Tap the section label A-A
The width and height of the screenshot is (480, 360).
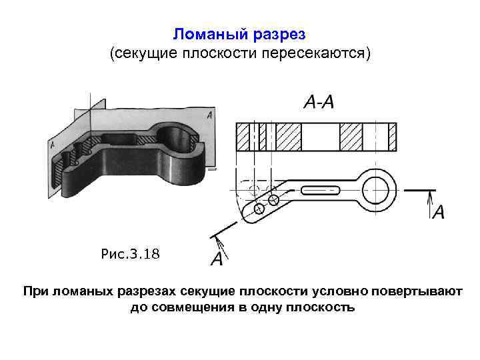coord(318,102)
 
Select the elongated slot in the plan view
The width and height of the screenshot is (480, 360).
coord(323,190)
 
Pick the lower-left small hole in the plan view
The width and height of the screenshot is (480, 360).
coord(259,209)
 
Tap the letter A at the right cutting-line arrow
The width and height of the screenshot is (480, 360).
coord(439,213)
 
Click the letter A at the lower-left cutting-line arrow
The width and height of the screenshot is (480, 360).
coord(217,259)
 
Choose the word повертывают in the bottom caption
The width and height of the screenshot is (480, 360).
coord(423,292)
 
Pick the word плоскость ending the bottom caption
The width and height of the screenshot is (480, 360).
coord(321,307)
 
